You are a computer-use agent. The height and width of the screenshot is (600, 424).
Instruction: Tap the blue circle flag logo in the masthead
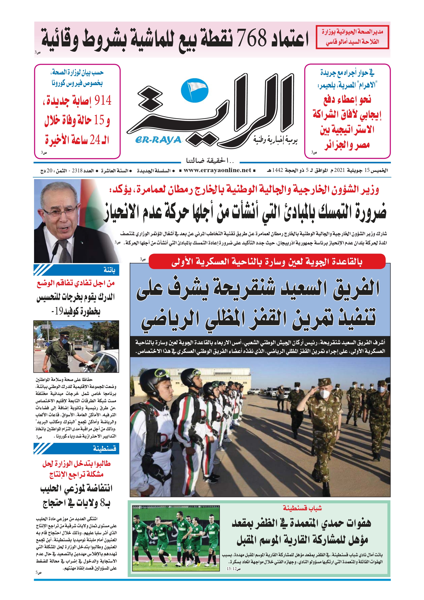point(195,91)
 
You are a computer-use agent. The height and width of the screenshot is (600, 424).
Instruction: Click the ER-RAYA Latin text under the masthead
point(158,140)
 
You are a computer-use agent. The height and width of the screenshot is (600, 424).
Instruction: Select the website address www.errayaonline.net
point(217,170)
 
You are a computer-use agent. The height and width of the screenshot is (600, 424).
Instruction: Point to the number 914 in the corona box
point(103,101)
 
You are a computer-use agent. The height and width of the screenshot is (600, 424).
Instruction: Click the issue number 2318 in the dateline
point(77,171)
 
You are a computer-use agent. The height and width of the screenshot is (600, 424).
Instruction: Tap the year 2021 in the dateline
point(340,170)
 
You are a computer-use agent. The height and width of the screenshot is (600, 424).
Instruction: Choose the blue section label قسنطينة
point(105,448)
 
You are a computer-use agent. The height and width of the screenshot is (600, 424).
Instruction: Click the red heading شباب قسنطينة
point(302,508)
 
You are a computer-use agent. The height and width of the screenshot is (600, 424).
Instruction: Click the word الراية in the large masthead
point(217,112)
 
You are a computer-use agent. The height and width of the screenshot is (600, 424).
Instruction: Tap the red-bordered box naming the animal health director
point(352,37)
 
